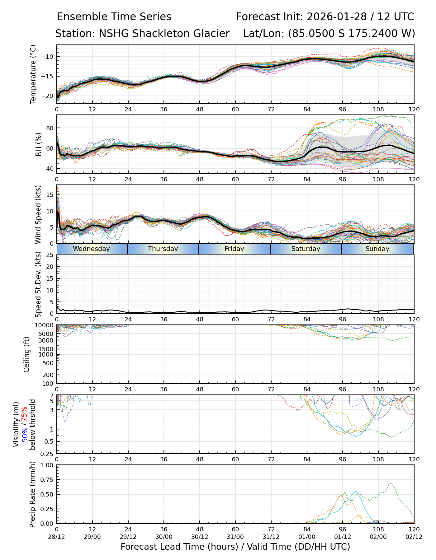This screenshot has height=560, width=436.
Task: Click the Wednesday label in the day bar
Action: tap(91, 249)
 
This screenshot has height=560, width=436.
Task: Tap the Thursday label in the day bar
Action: tap(163, 249)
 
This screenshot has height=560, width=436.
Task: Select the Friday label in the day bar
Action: tap(234, 249)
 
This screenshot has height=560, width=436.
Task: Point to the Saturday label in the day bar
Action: tap(306, 249)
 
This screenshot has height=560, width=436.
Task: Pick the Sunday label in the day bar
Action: tap(377, 249)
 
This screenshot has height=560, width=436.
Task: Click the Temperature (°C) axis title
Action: tap(33, 74)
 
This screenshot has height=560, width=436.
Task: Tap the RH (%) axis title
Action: tap(38, 144)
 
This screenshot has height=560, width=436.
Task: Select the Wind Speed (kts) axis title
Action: tap(38, 214)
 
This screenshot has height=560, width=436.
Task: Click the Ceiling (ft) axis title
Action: tap(27, 354)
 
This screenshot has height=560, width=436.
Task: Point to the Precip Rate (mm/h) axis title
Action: tap(32, 494)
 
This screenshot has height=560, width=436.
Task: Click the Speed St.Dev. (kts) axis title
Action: tap(38, 284)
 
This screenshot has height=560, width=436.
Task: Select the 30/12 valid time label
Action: tap(200, 537)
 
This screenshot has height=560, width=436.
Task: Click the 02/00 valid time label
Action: tap(378, 537)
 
